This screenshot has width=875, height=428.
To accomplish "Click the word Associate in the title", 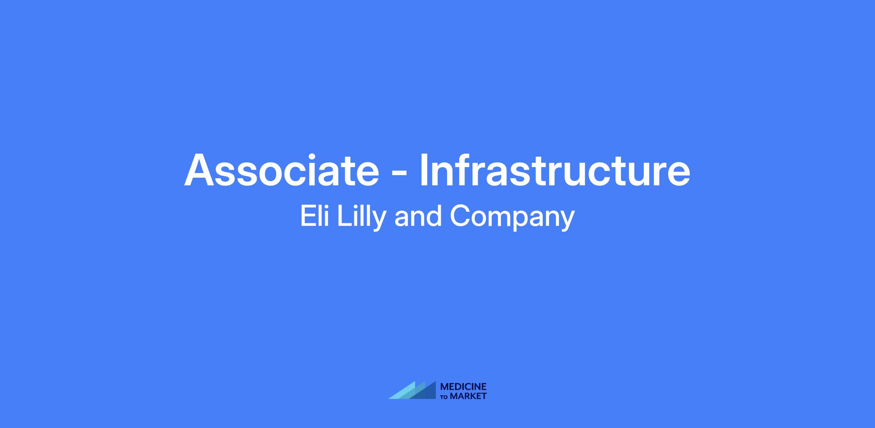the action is point(281,170).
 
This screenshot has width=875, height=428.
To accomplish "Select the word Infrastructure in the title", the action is point(555,170).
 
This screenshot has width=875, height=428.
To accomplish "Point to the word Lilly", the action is point(361,218).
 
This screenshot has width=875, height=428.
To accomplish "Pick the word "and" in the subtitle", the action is point(418,216).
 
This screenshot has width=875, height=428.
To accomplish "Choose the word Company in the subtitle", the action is point(512,218).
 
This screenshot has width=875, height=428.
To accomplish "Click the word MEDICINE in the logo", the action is point(463,387).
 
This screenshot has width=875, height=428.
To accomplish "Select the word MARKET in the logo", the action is point(468,396).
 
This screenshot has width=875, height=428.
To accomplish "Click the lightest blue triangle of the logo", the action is point(402,390).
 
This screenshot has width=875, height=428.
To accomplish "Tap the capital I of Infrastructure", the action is point(424,170).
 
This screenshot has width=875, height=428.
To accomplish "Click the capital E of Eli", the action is point(308,216).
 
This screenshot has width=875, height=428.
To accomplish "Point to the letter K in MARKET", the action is point(471,396).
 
